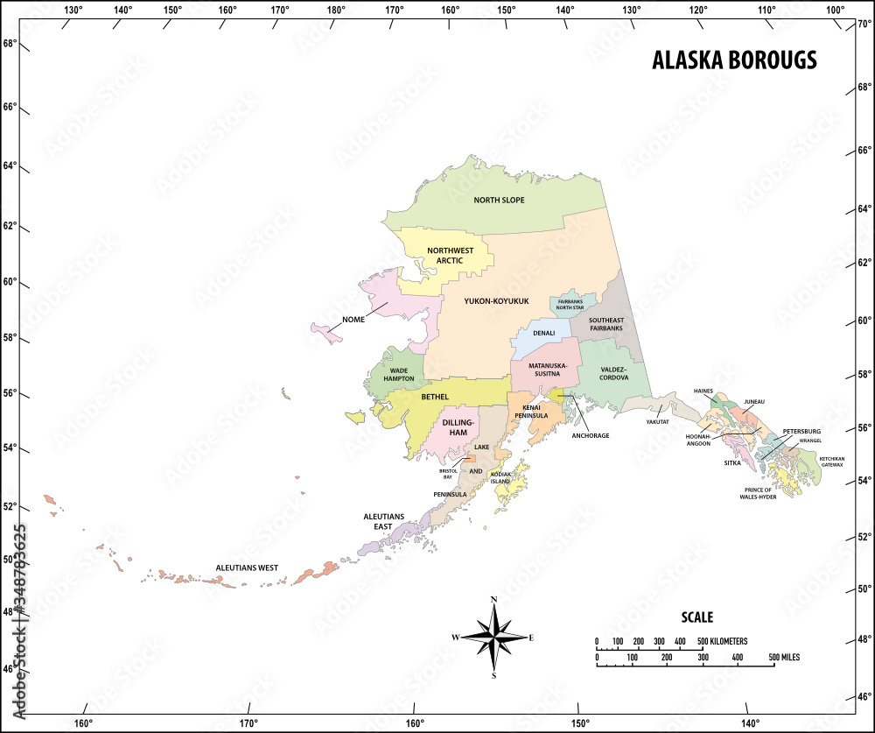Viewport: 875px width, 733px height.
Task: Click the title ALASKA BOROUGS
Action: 734,60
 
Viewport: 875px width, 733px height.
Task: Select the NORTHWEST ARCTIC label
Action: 450,255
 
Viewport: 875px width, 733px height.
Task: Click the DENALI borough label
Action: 544,334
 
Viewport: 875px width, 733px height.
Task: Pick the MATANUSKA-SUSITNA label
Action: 548,369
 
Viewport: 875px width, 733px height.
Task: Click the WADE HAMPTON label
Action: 400,376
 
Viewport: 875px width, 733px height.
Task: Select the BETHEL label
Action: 435,397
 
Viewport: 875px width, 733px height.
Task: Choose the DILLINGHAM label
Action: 458,426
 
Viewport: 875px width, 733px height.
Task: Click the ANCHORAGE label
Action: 590,435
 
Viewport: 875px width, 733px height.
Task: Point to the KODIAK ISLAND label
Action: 500,478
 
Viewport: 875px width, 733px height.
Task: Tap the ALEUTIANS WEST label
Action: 247,567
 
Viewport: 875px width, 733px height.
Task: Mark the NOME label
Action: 353,320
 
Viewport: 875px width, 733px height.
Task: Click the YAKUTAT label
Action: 657,421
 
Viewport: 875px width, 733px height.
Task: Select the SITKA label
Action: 731,462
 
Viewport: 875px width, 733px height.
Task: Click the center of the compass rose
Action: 493,637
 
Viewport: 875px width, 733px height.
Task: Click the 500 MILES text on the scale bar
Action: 784,657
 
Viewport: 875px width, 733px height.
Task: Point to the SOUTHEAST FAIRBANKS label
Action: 605,324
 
